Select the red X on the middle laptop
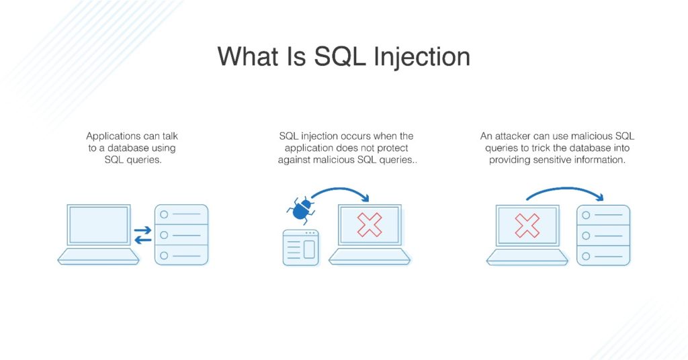coord(370,224)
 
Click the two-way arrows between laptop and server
coord(142,235)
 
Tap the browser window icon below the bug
coord(300,247)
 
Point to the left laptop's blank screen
coord(99,225)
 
